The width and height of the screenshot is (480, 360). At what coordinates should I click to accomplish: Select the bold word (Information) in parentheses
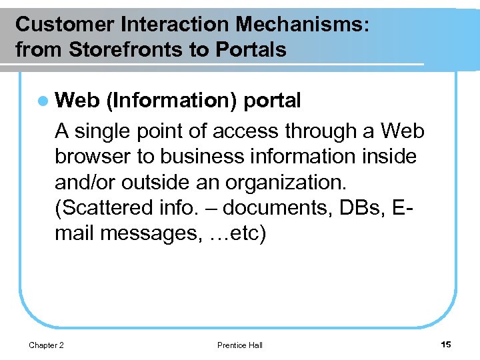[x=171, y=101]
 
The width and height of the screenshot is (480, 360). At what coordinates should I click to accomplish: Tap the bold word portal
[x=273, y=101]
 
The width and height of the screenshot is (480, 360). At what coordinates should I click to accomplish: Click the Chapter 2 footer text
[x=47, y=345]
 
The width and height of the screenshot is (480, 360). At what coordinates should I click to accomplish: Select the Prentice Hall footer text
[x=240, y=345]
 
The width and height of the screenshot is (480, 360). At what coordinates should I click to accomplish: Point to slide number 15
[x=446, y=344]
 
